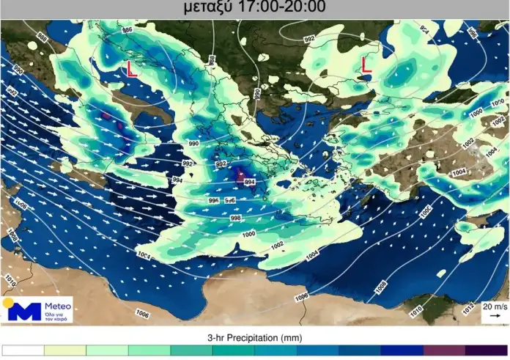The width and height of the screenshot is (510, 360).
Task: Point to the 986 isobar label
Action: coord(127,30)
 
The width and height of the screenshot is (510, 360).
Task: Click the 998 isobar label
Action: coord(235,218)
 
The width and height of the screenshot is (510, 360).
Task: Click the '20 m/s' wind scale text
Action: coord(494,306)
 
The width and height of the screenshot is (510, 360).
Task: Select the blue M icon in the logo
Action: coord(25,311)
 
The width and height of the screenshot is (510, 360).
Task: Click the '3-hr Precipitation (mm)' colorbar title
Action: coord(255,337)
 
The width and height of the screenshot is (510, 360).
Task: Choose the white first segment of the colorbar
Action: coord(23,351)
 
